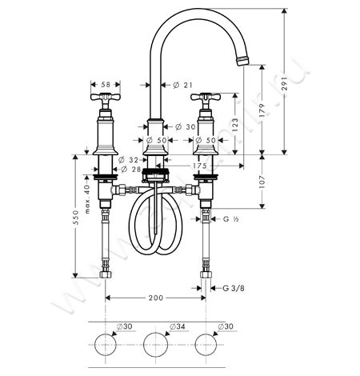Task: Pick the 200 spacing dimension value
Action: (x=156, y=297)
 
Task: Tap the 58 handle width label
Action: (x=106, y=83)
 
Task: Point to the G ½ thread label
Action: (x=232, y=218)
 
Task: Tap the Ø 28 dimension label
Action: (x=131, y=170)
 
